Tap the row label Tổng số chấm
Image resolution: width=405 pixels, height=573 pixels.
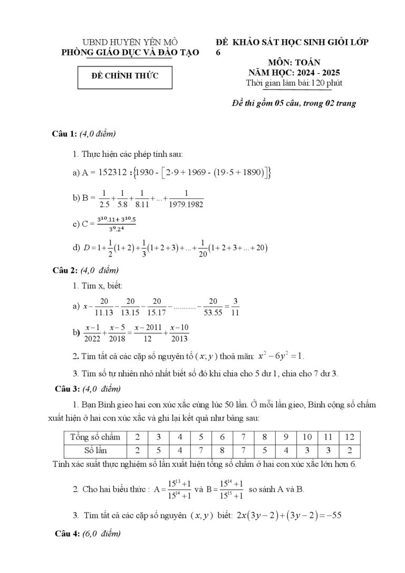click(x=95, y=436)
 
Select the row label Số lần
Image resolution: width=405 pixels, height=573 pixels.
click(x=95, y=451)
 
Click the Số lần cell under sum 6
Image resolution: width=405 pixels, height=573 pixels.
click(x=222, y=451)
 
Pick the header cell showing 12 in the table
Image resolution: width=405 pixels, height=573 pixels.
click(x=350, y=436)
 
